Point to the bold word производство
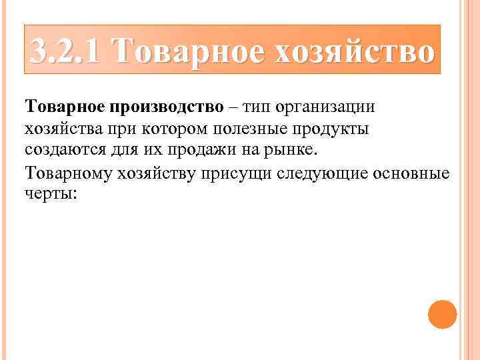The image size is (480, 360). (x=170, y=107)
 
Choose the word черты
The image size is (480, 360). (x=50, y=193)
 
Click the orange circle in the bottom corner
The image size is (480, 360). (x=442, y=314)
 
